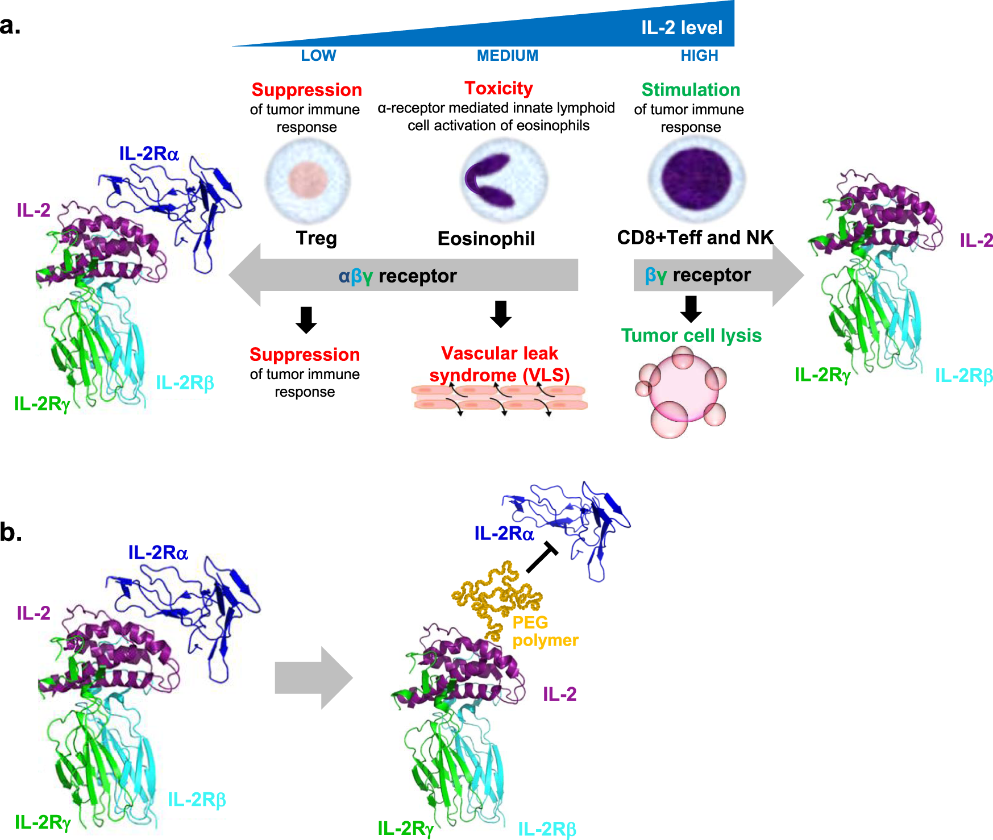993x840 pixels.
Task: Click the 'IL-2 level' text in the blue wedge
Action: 682,27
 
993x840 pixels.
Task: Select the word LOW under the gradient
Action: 318,56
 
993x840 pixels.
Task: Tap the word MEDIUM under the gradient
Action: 507,56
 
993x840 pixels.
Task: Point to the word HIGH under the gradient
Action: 699,56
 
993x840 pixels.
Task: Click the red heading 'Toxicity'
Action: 498,88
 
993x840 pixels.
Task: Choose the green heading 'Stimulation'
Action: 691,90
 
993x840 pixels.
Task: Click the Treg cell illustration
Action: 308,180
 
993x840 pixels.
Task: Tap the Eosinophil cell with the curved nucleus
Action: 503,180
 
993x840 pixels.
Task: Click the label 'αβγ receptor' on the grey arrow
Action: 397,276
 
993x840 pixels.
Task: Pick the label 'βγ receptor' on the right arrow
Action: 697,275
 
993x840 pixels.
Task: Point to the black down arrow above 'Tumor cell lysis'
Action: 691,309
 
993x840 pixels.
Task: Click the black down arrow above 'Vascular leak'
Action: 500,314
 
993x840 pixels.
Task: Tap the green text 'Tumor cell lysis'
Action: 691,335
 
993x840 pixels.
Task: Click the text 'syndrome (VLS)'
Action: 499,375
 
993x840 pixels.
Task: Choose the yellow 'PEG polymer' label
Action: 545,631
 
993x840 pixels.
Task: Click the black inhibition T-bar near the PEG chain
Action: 542,557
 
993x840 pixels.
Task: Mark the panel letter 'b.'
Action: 11,532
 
